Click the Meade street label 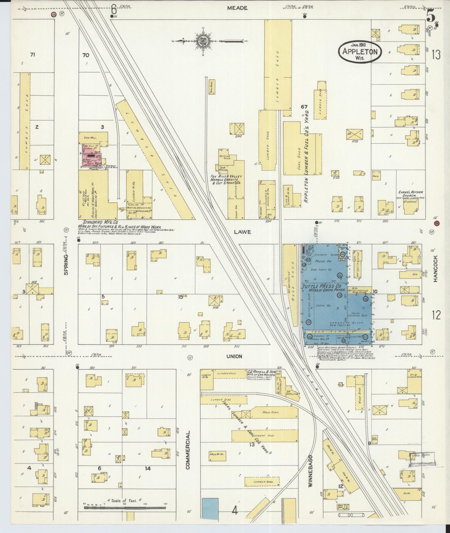point(237,8)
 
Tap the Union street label point(234,356)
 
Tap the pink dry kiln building point(91,156)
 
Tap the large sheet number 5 point(431,17)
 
